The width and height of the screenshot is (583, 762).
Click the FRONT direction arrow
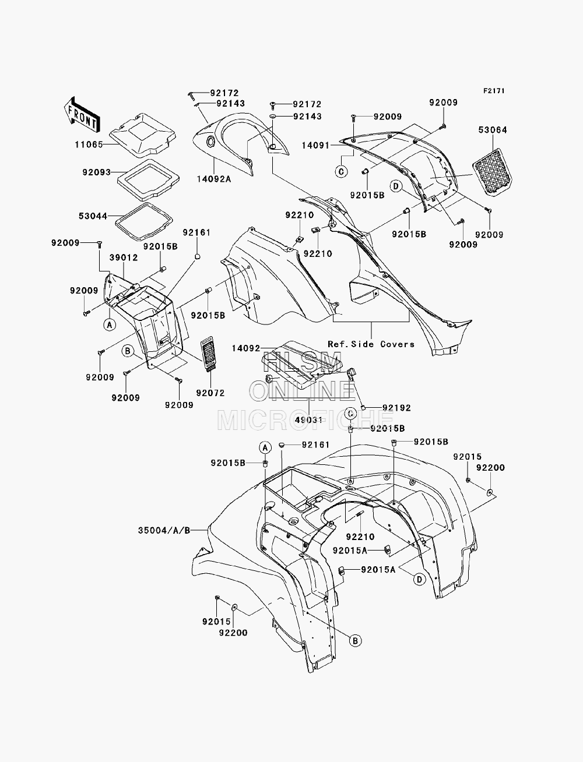pos(82,115)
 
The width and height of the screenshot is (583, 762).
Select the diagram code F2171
pos(494,91)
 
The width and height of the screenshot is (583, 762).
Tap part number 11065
pos(89,144)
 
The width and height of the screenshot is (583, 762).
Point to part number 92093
pos(96,172)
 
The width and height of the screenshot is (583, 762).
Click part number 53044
pos(93,216)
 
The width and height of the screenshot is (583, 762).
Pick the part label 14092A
pos(214,179)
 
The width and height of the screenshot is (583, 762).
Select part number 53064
pos(493,130)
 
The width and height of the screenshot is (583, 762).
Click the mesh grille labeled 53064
pos(492,172)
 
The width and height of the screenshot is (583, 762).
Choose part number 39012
pos(124,257)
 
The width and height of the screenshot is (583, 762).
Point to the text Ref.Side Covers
pos(371,344)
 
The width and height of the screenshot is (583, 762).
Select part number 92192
pos(396,408)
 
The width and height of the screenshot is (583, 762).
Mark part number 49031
pos(309,419)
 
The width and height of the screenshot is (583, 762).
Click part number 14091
pos(315,145)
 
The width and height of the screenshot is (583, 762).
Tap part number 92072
pos(210,393)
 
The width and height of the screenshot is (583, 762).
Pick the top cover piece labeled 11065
pos(142,134)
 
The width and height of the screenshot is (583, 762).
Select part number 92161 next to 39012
pos(196,232)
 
